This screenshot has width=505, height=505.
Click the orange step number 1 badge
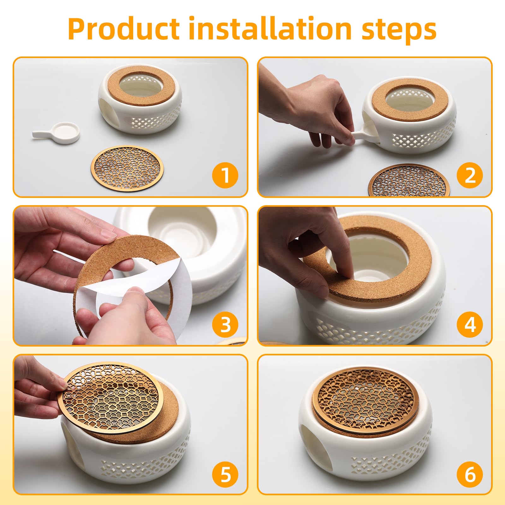(x=225, y=175)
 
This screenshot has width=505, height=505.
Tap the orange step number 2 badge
(x=470, y=175)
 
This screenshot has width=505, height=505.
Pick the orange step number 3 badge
(x=225, y=324)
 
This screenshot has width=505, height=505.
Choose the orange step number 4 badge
(x=470, y=324)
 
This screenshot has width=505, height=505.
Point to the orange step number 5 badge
(x=225, y=474)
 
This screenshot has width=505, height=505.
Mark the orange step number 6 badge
(x=470, y=474)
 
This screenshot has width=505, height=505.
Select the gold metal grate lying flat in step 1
(x=127, y=168)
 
